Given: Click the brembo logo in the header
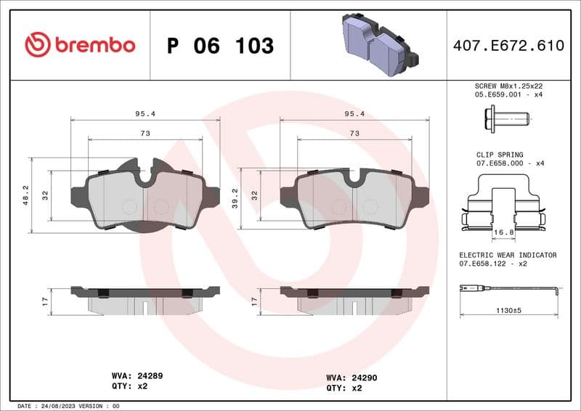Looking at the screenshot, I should click(x=80, y=45).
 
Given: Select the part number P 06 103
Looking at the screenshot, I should click(x=220, y=46).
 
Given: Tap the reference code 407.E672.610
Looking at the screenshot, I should click(x=508, y=46).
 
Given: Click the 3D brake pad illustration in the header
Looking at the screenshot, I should click(x=375, y=45).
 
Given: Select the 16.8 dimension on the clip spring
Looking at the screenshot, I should click(x=503, y=233).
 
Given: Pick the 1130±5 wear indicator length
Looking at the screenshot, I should click(x=508, y=310).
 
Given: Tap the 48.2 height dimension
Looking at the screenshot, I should click(x=25, y=195).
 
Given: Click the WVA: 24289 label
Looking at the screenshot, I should click(x=137, y=376).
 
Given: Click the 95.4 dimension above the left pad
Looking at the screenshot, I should click(x=145, y=113).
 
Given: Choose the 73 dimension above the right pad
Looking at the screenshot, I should click(x=354, y=133).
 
